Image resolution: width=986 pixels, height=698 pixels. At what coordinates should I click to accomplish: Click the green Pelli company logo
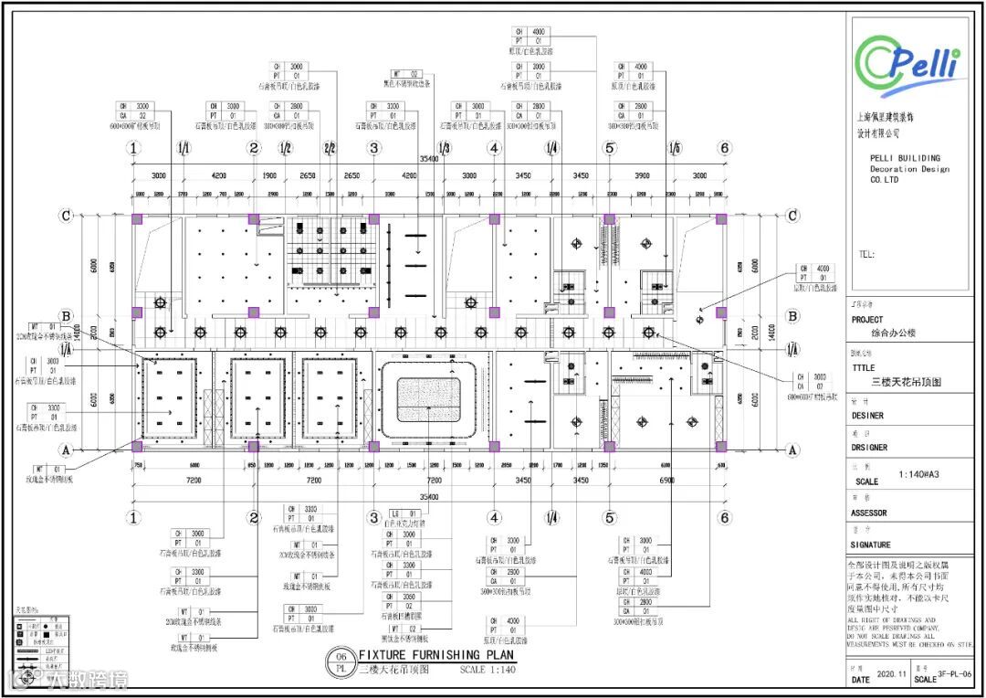click(911, 63)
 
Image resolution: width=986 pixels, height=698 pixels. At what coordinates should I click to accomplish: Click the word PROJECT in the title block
click(867, 320)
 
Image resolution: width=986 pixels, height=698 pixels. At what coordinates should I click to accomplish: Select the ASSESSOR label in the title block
click(874, 513)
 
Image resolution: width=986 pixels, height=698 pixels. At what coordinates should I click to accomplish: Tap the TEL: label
click(867, 254)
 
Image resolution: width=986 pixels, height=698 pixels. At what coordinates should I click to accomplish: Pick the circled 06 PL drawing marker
click(341, 661)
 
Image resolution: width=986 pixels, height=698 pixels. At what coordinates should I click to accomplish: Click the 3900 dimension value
click(642, 175)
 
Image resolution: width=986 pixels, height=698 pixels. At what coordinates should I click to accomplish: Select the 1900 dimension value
click(269, 175)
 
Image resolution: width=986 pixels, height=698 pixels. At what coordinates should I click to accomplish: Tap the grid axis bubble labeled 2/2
click(330, 148)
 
